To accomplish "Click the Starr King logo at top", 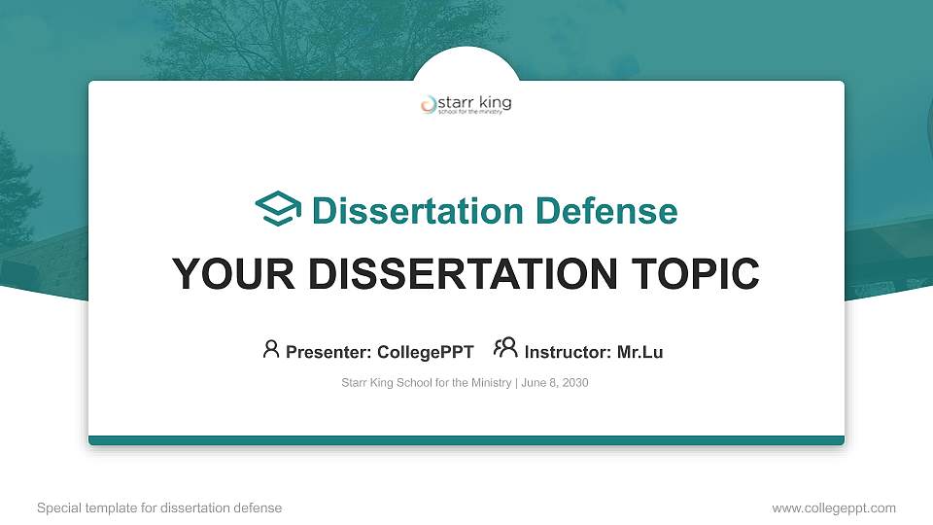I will coord(466,105).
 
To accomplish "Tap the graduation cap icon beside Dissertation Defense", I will coord(278,209).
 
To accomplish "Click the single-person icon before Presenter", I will coord(271,349).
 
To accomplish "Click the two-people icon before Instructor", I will coord(505,348).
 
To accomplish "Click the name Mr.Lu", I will coord(640,352).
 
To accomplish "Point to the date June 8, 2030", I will coord(555,383).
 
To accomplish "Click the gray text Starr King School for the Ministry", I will coord(426,383).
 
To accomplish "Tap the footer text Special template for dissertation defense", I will coord(159,507).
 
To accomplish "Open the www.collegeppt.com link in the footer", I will coord(834,507).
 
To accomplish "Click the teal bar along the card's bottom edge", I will coord(466,440).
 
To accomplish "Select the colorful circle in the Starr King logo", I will coord(429,104).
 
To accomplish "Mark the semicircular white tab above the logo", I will coord(466,64).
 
